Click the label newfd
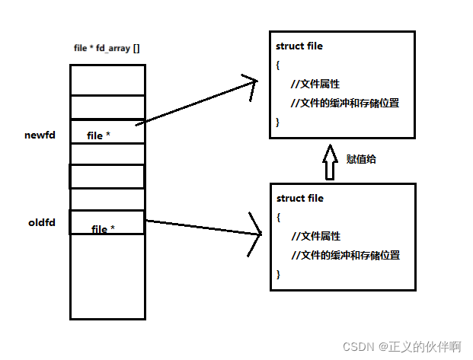click(40, 135)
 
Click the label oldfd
click(41, 223)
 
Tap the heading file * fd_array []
click(106, 48)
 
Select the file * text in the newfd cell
click(98, 135)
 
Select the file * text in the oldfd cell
click(103, 229)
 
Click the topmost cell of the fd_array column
click(107, 80)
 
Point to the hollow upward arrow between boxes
click(330, 161)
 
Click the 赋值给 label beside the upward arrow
click(362, 159)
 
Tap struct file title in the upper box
click(299, 46)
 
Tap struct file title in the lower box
click(300, 198)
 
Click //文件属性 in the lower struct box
click(315, 236)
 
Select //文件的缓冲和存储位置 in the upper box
click(345, 103)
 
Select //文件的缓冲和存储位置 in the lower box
click(346, 255)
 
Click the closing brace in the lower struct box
click(279, 274)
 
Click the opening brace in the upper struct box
click(278, 65)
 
